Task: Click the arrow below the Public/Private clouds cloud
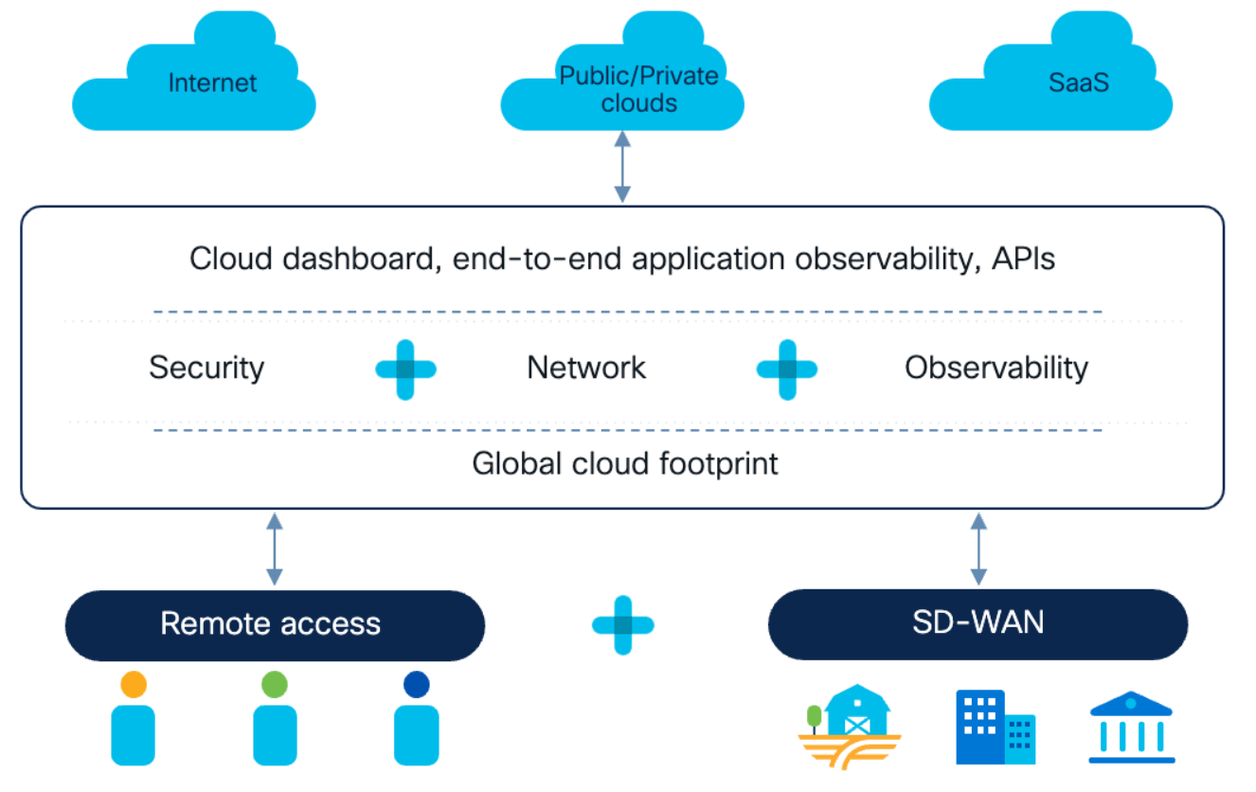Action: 622,167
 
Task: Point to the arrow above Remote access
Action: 274,549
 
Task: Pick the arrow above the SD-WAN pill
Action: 978,549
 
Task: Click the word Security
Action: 206,369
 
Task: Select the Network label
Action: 586,368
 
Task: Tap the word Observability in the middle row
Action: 996,369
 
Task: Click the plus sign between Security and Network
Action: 405,369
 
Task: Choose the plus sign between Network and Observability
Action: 787,369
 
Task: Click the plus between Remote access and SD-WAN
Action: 623,625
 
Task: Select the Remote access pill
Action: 275,625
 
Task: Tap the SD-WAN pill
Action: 978,624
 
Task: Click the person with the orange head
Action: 134,718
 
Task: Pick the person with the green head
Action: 275,718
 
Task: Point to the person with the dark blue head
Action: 417,718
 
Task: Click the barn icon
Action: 850,727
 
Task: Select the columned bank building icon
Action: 1132,728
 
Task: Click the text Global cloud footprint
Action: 624,464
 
